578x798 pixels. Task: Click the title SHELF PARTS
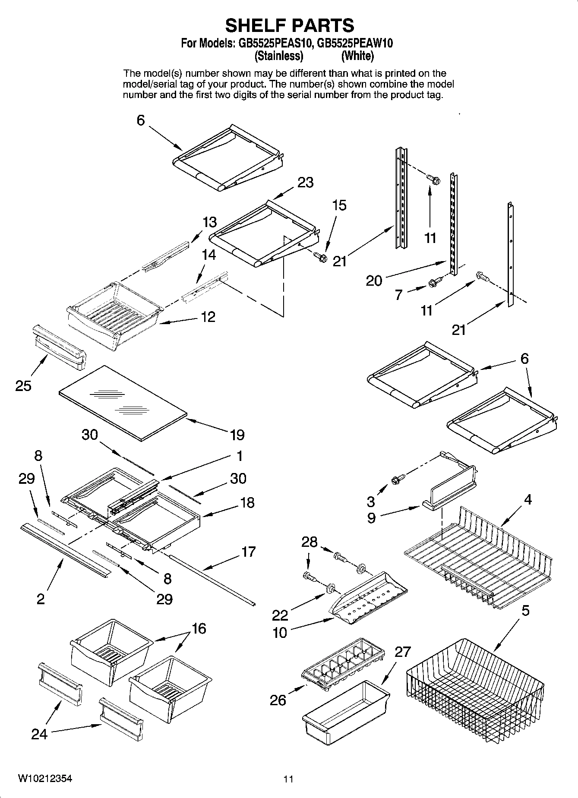tap(289, 25)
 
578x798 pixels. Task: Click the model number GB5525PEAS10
tap(272, 44)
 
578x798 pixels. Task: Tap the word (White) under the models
tap(357, 56)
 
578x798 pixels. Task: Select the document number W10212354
tap(45, 779)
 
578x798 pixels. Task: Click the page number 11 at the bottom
tap(288, 779)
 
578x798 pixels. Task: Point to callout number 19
tap(237, 435)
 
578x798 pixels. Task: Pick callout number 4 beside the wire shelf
tap(527, 500)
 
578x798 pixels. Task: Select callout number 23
tap(305, 183)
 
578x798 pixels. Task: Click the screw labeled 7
tap(433, 283)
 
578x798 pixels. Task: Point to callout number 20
tap(374, 281)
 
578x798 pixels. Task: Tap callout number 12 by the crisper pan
tap(208, 317)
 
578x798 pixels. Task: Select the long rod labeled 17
tap(212, 580)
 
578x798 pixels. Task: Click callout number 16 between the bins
tap(199, 628)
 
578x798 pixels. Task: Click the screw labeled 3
tap(397, 479)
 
